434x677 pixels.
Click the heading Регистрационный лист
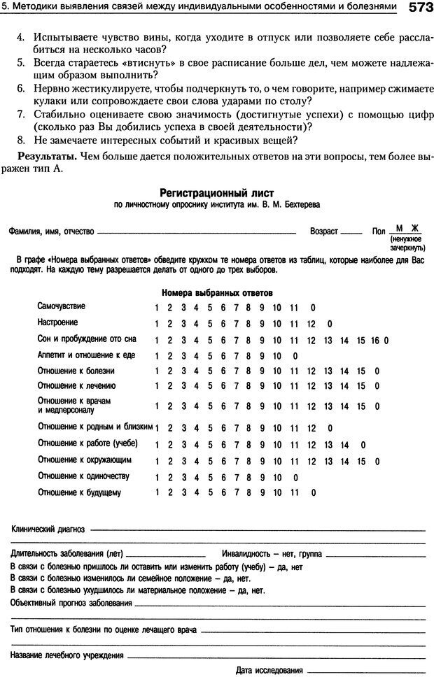[217, 192]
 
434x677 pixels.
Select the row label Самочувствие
[62, 306]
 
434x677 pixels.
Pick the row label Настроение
[57, 323]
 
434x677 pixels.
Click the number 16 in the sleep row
[375, 340]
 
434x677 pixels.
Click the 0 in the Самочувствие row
[312, 308]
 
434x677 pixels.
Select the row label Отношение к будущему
[79, 492]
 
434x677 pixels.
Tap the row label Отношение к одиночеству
[83, 476]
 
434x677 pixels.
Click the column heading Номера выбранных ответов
[217, 292]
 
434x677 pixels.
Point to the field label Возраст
[323, 231]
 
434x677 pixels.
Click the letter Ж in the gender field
[414, 228]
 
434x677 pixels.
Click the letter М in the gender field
[399, 228]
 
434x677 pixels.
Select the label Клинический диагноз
[49, 529]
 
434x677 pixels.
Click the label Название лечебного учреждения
[67, 655]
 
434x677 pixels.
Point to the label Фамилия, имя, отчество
[51, 231]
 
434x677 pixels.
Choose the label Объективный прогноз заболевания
[71, 603]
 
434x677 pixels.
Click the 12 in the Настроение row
[311, 324]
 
